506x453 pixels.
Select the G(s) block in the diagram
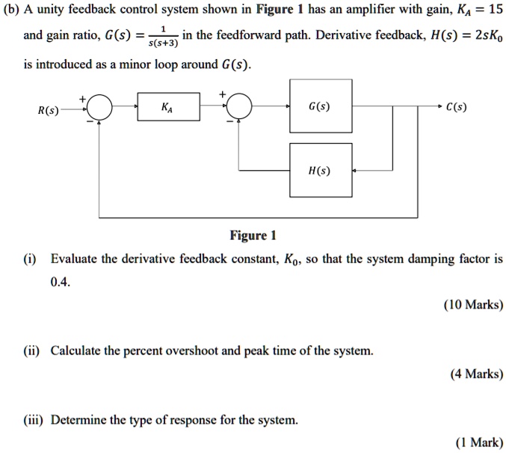tap(320, 108)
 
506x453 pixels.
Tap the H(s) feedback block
tap(320, 170)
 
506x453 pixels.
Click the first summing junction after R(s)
tap(101, 109)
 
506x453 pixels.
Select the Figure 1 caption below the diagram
tap(253, 236)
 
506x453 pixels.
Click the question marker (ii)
tap(31, 350)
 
